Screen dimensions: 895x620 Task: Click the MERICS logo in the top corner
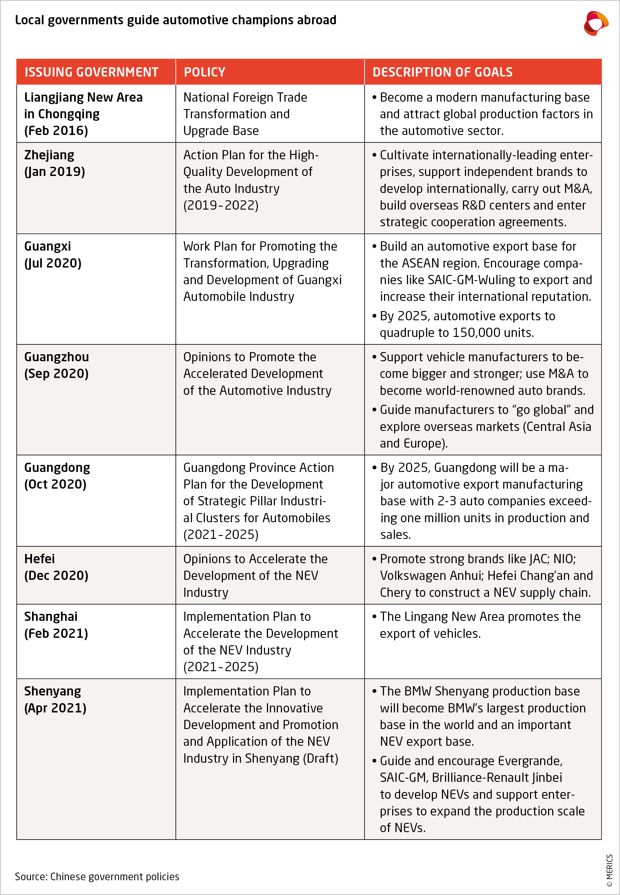tap(596, 23)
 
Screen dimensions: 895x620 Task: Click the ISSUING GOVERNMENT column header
tap(91, 72)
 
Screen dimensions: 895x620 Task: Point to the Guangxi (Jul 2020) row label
tap(53, 255)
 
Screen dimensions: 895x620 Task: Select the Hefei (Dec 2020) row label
tap(56, 567)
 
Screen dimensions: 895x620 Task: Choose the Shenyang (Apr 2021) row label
tap(55, 699)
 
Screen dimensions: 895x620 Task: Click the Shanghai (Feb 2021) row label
tap(56, 625)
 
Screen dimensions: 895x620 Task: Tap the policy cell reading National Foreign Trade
tap(245, 97)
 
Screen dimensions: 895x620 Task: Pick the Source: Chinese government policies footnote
tap(97, 876)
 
